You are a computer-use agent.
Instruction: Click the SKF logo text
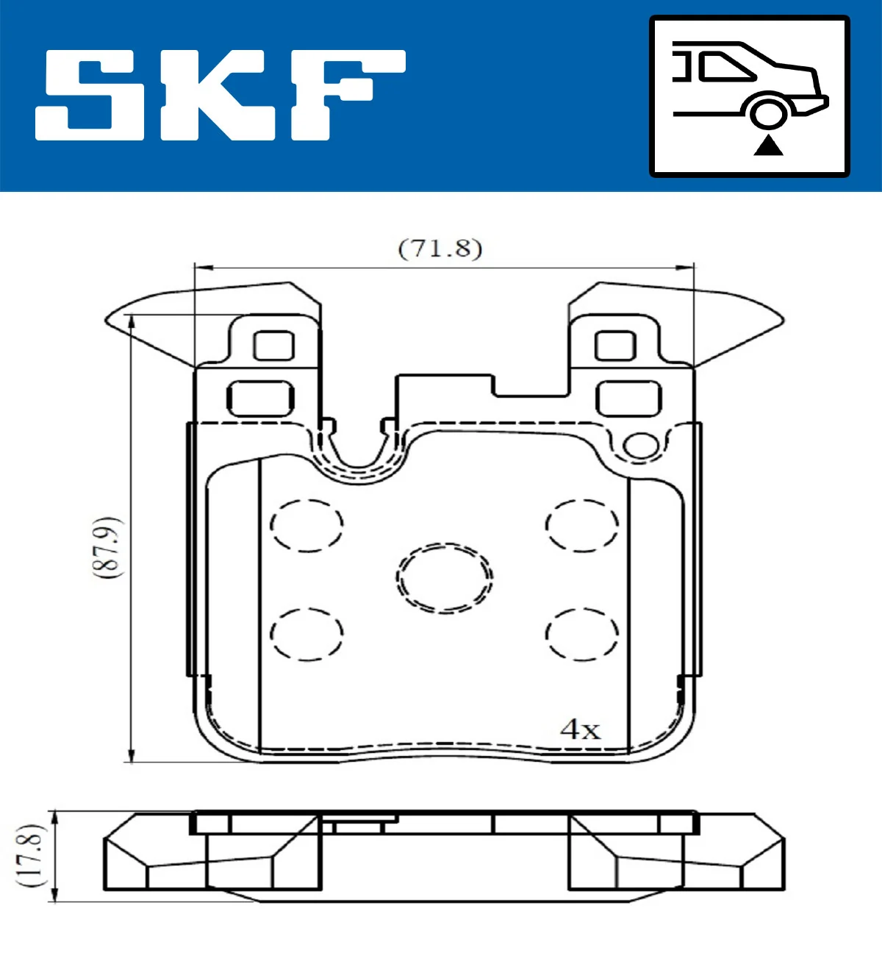[x=220, y=96]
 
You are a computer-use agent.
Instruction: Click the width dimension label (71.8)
[x=440, y=249]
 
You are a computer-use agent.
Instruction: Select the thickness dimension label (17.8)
[x=30, y=855]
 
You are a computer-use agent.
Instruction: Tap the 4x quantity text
[x=580, y=730]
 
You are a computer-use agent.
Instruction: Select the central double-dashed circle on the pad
[x=445, y=578]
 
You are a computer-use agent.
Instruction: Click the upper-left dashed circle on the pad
[x=306, y=525]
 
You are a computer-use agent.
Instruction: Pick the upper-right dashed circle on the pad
[x=582, y=525]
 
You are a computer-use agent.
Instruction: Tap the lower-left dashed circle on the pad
[x=306, y=634]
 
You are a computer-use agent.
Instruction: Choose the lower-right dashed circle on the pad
[x=582, y=634]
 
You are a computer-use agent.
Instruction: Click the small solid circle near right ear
[x=641, y=446]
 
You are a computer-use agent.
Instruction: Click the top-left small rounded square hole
[x=273, y=346]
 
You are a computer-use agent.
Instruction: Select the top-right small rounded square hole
[x=615, y=346]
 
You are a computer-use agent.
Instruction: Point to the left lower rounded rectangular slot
[x=261, y=399]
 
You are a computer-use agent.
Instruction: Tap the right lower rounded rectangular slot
[x=628, y=399]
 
